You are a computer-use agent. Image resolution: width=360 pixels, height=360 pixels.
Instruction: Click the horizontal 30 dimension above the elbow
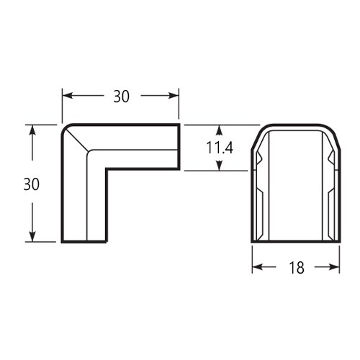(121, 96)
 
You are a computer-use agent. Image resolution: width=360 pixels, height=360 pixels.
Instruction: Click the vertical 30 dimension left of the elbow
(32, 184)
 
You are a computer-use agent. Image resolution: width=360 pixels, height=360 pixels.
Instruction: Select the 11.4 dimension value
(220, 148)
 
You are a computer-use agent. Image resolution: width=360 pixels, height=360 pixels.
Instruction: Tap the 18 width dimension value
(297, 268)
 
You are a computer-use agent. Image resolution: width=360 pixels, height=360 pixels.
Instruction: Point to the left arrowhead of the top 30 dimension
(68, 96)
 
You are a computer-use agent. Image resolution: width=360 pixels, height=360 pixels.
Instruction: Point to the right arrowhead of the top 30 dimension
(174, 96)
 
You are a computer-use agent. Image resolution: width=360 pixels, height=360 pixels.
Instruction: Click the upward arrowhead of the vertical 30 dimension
(32, 130)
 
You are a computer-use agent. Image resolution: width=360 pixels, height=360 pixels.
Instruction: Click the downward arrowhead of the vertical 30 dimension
(32, 237)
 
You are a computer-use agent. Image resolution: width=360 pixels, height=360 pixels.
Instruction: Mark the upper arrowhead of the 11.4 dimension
(219, 130)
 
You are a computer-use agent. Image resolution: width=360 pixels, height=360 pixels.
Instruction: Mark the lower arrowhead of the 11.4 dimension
(219, 166)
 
